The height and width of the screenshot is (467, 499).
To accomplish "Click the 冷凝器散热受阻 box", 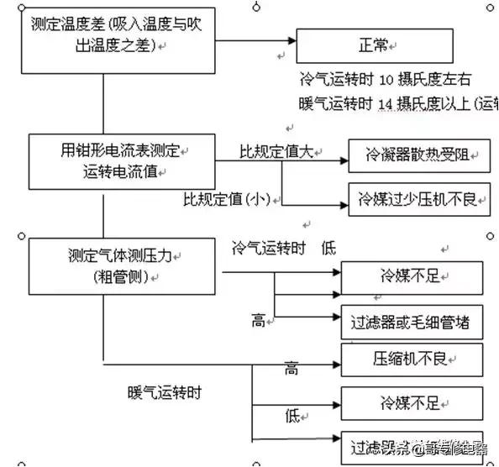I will [x=418, y=156].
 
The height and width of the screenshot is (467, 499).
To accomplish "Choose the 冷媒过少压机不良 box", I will [x=418, y=200].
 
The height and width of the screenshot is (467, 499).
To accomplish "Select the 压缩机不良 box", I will [x=412, y=358].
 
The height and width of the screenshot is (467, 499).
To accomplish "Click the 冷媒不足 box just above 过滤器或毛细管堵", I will [x=412, y=276].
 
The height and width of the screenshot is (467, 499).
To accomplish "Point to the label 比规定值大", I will [x=276, y=152].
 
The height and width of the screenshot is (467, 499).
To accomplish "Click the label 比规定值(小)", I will [x=232, y=199].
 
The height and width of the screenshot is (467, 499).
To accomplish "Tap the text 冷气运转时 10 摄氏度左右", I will [x=385, y=81].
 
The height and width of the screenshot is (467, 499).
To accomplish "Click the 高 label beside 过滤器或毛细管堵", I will [x=260, y=321].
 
